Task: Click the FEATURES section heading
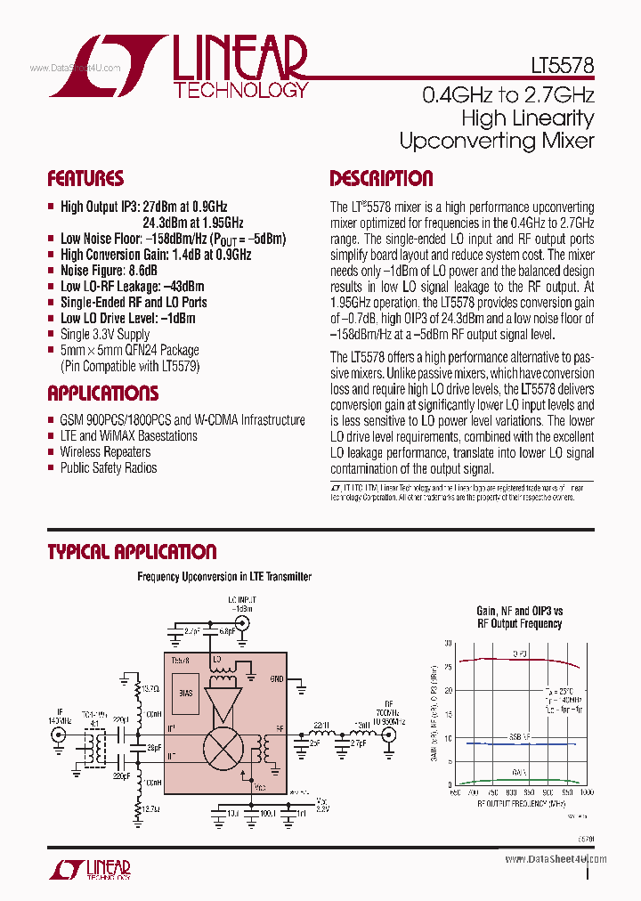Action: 85,178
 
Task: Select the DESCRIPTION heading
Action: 381,178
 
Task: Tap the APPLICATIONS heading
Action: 103,394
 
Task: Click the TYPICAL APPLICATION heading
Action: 132,552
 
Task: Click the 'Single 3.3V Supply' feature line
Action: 105,334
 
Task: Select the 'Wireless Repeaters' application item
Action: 105,452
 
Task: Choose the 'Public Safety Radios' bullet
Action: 108,468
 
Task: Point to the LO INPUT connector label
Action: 241,603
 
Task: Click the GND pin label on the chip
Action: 277,678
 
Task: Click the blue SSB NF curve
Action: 516,743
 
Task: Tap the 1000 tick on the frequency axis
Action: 586,791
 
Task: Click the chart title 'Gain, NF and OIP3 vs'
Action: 520,612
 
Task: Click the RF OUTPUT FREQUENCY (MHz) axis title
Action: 520,803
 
